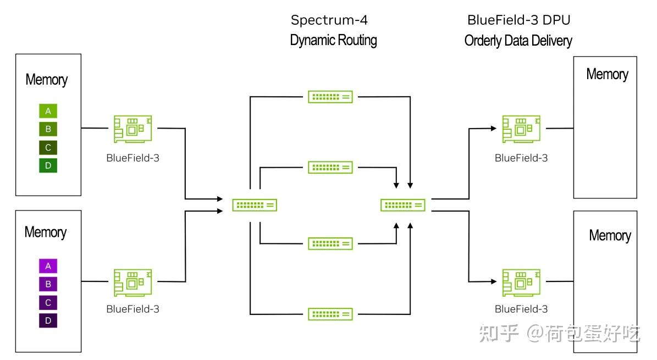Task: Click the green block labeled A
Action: coord(48,112)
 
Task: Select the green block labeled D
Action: coord(48,165)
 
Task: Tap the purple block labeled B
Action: coord(48,284)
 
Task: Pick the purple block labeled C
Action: coord(48,302)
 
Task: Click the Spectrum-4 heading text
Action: coord(329,20)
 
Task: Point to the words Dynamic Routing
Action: coord(333,40)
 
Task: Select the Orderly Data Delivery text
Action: coord(518,40)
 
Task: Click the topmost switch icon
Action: coord(330,97)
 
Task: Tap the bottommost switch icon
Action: coord(330,314)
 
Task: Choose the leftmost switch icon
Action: coord(255,205)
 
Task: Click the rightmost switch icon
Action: coord(403,205)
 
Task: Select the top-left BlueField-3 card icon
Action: coord(133,130)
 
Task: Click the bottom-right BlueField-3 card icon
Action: coord(521,283)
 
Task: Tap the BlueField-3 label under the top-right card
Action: coord(521,158)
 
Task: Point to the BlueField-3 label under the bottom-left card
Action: coord(133,309)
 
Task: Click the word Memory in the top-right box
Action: coord(607,74)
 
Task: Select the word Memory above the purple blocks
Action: coord(46,232)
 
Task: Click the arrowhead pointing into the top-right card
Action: coord(494,129)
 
